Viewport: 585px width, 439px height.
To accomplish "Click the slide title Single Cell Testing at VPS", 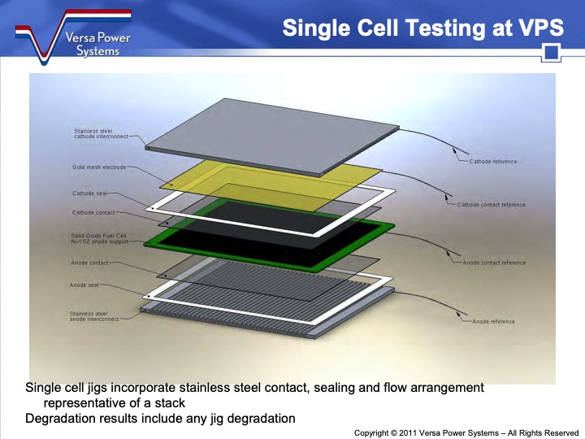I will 422,28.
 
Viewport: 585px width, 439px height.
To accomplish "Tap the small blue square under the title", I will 552,54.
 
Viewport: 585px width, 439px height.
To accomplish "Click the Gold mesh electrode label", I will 98,167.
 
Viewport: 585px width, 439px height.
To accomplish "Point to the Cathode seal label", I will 89,194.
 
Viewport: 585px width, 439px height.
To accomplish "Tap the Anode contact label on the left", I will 90,263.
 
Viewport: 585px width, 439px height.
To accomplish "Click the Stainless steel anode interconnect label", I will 94,315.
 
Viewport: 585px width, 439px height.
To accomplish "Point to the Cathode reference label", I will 492,162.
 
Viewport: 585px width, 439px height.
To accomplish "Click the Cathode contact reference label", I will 491,205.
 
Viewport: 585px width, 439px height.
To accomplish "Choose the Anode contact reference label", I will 494,263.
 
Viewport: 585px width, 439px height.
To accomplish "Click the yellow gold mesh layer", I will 268,175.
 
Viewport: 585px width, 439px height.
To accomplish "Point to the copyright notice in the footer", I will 466,433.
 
